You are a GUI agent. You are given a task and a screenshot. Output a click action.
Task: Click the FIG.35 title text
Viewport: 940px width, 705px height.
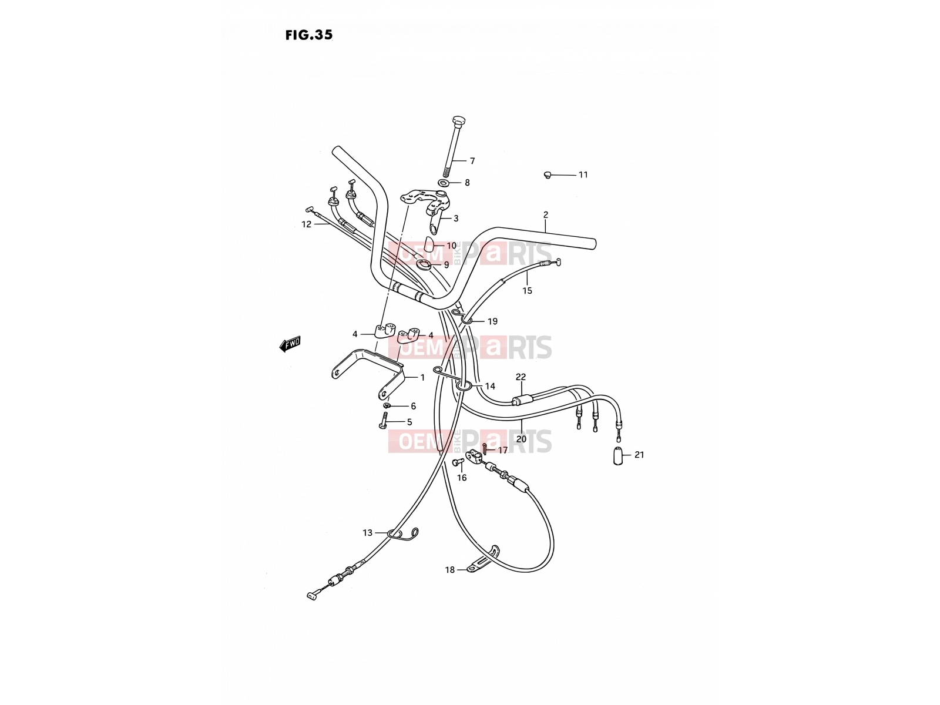[309, 35]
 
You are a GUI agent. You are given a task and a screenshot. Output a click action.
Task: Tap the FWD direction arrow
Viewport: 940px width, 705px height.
[290, 344]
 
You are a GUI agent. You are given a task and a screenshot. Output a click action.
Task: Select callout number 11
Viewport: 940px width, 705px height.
[583, 174]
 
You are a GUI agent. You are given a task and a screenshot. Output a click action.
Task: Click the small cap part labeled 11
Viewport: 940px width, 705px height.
[547, 174]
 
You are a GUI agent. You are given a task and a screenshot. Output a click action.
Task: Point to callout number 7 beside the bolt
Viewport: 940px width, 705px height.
[472, 161]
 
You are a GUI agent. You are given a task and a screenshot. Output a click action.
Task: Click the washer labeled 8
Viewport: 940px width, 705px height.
[443, 183]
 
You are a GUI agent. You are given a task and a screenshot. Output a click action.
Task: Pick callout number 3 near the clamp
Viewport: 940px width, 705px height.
[456, 219]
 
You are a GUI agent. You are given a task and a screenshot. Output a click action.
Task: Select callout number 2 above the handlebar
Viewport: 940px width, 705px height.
[546, 215]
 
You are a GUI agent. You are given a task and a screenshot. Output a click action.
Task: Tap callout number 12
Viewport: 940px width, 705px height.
[306, 224]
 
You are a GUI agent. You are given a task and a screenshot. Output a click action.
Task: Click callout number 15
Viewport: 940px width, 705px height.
[527, 291]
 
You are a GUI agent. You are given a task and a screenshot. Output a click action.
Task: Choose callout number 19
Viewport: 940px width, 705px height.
[492, 321]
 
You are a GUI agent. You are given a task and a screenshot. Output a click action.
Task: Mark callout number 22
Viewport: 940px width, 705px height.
[521, 377]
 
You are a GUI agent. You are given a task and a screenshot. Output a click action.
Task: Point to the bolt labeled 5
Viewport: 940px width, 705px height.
[384, 421]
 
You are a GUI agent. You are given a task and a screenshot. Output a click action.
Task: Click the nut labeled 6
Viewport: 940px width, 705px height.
[387, 405]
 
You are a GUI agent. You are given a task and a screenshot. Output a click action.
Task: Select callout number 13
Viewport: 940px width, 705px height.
[367, 533]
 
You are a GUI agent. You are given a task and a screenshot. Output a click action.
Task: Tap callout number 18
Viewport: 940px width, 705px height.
[449, 570]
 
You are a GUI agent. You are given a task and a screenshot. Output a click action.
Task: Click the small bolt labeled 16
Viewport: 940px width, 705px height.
[457, 462]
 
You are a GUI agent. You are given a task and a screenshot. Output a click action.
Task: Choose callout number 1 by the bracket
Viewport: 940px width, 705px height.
[422, 378]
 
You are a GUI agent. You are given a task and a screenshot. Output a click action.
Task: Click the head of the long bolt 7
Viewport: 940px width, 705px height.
[458, 120]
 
